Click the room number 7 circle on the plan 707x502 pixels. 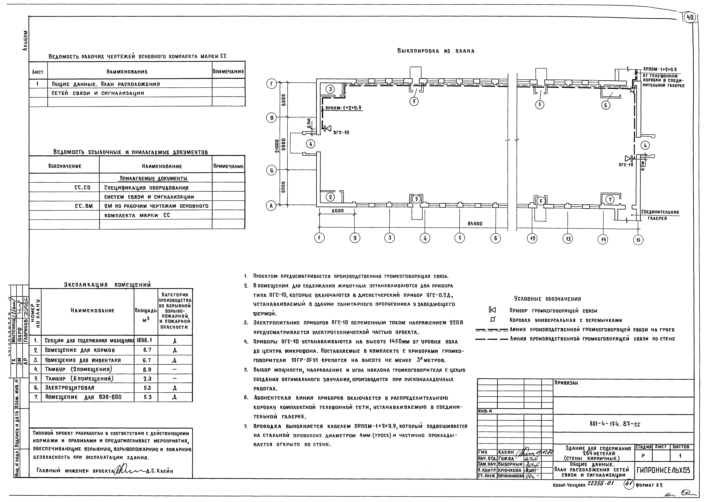(x=610, y=200)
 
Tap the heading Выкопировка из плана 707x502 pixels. (x=435, y=51)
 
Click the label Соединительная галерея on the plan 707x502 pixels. (x=660, y=215)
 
